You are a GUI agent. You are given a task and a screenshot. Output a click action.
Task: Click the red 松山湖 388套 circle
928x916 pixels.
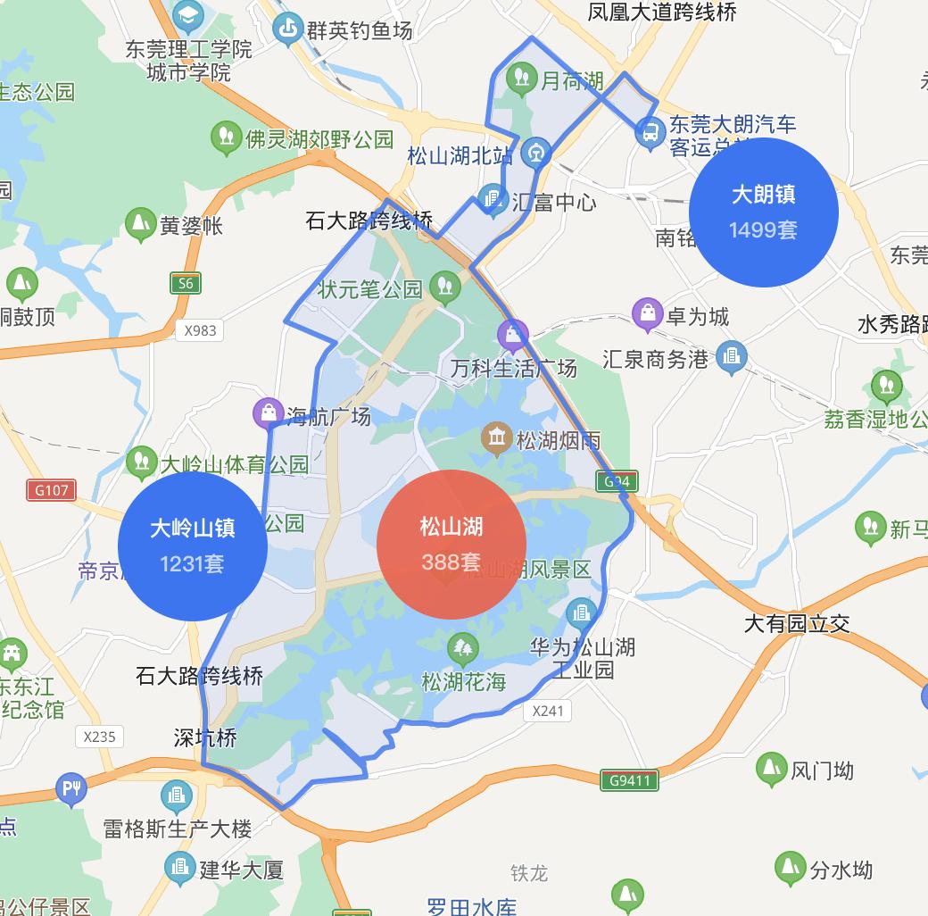tap(452, 544)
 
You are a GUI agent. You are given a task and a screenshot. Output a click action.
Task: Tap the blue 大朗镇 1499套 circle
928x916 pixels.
tap(764, 212)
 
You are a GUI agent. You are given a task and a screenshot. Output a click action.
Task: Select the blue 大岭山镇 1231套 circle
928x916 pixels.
tap(193, 545)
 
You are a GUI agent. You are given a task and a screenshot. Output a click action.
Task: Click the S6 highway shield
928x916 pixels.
tap(185, 284)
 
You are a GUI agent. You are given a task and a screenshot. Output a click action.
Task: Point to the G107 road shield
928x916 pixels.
tap(51, 490)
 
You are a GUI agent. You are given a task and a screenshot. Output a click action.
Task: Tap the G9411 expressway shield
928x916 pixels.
tap(630, 780)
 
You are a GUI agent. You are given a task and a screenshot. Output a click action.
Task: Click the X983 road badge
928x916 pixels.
tap(200, 330)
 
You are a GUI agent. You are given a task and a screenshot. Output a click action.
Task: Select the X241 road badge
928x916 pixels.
tap(548, 711)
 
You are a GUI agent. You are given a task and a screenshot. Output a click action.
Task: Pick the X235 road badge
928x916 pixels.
tap(99, 737)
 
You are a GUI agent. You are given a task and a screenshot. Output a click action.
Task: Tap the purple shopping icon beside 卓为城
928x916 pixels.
tap(647, 314)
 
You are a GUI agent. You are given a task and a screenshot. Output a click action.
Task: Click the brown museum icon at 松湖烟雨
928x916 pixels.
tap(496, 437)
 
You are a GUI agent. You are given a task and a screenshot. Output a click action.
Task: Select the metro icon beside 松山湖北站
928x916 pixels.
tap(536, 151)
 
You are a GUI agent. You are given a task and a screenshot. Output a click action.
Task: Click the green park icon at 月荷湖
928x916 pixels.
tap(521, 79)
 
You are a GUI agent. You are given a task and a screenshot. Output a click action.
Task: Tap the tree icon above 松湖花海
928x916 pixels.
tap(462, 647)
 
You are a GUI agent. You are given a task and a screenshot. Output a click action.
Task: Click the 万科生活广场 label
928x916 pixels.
tap(513, 368)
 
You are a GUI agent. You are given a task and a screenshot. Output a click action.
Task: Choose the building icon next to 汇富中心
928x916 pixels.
tap(492, 199)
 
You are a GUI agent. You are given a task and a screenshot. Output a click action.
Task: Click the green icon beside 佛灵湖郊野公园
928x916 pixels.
tap(227, 137)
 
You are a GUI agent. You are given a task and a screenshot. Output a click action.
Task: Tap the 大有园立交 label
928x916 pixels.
tap(797, 623)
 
